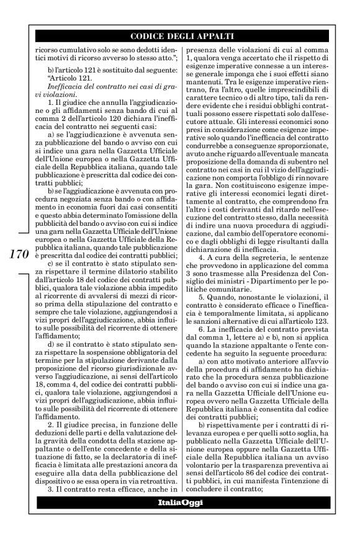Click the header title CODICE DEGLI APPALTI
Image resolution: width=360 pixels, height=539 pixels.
click(x=180, y=35)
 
